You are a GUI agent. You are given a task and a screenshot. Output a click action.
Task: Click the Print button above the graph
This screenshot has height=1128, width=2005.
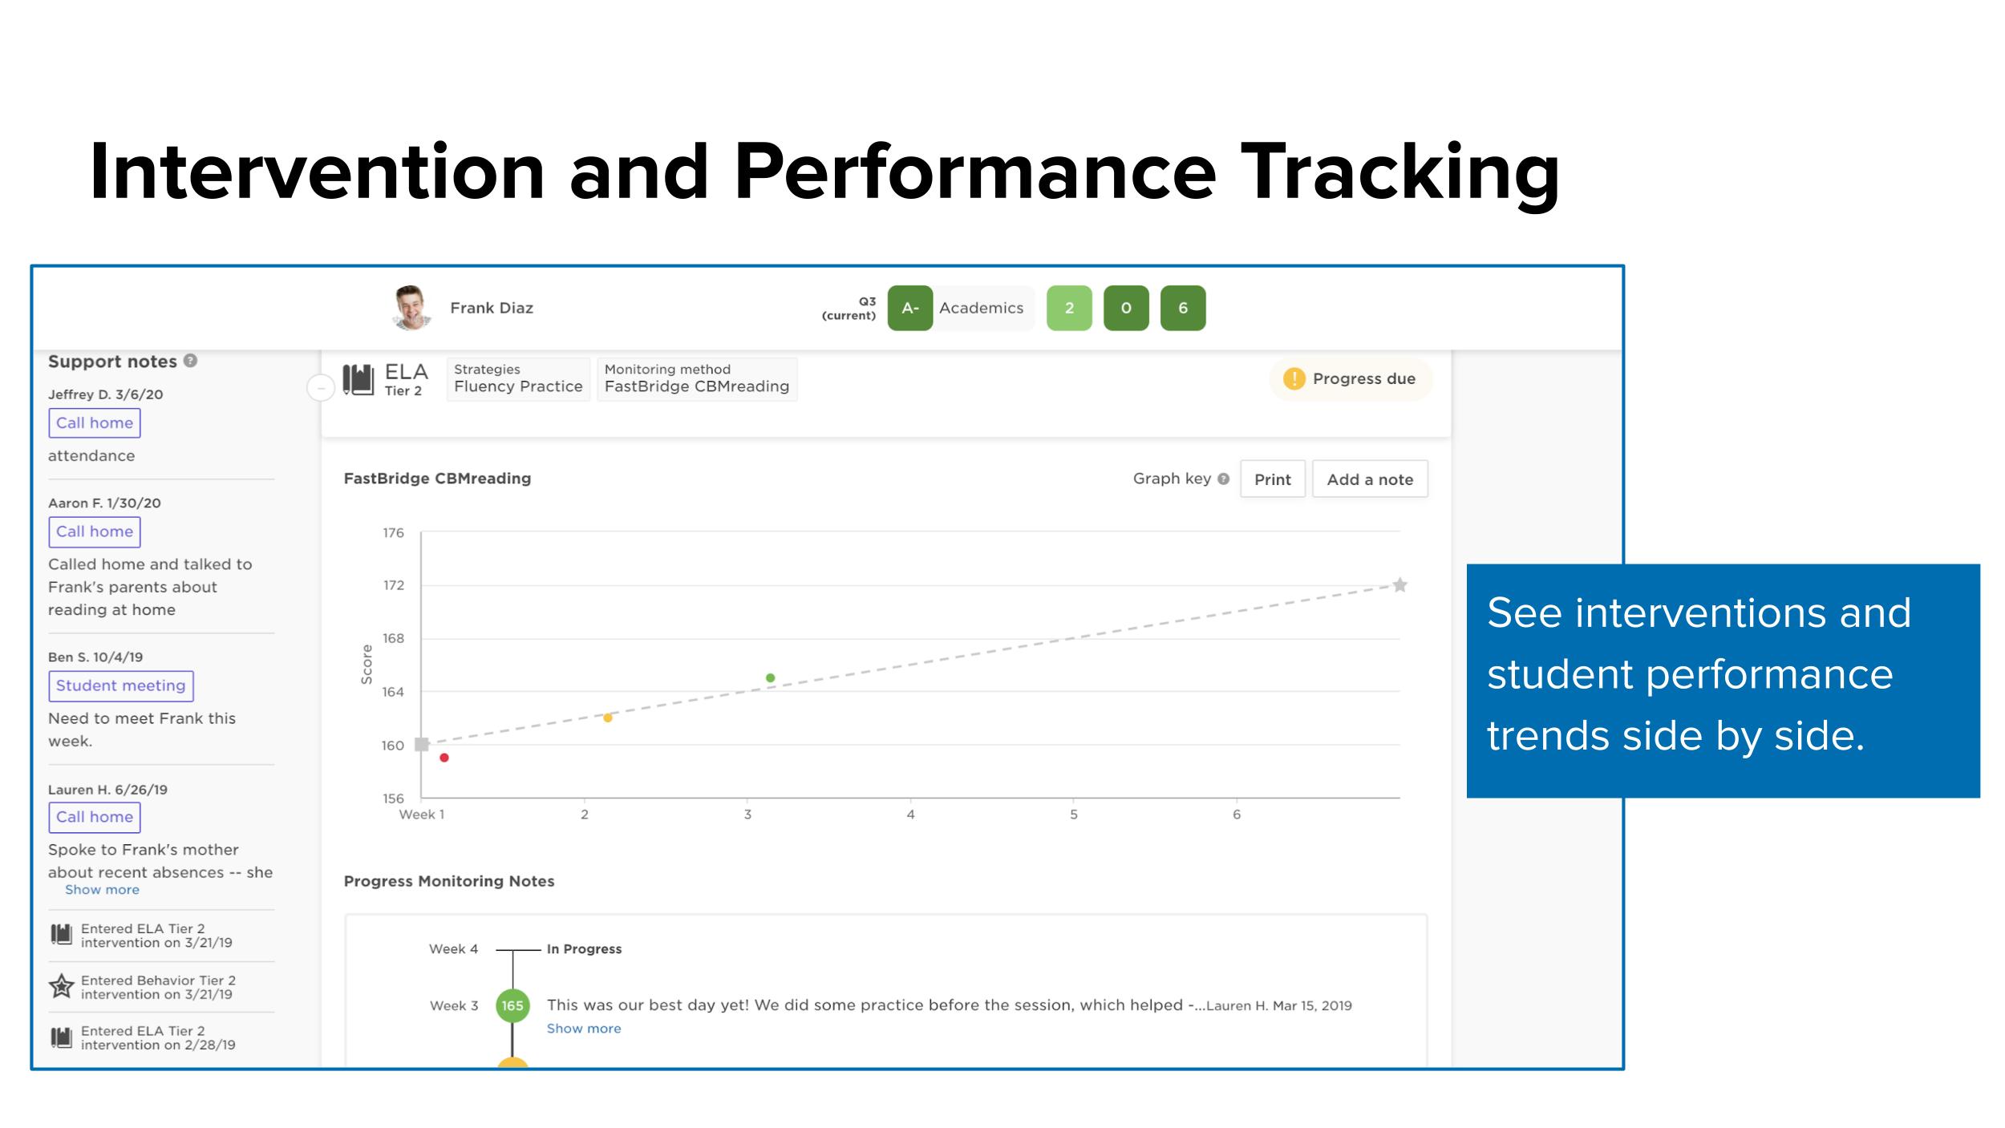point(1272,479)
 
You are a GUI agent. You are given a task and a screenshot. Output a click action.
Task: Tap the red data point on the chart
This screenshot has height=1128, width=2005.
point(444,758)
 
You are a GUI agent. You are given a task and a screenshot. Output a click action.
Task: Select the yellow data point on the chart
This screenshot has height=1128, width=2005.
point(608,718)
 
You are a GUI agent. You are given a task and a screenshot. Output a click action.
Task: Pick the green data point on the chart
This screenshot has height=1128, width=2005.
point(770,677)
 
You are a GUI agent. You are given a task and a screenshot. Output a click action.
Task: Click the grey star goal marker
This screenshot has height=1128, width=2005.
point(1399,584)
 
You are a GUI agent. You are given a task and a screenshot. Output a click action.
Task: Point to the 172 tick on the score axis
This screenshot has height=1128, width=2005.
point(393,585)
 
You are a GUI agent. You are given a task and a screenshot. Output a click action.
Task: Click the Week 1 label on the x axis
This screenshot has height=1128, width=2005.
point(422,814)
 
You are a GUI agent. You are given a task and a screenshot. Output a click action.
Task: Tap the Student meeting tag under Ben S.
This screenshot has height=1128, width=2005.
point(121,685)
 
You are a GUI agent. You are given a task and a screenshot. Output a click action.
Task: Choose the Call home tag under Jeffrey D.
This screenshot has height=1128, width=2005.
point(95,422)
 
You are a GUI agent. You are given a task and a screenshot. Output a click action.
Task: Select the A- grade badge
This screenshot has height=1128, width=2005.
point(909,308)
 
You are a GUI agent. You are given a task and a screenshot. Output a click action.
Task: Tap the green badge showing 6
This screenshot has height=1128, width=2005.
point(1183,308)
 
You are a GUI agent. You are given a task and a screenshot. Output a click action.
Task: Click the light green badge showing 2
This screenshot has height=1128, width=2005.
point(1069,308)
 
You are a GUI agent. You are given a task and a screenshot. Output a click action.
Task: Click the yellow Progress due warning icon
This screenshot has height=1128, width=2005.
point(1294,378)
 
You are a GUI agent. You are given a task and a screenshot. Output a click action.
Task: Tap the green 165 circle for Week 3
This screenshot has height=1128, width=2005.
point(512,1005)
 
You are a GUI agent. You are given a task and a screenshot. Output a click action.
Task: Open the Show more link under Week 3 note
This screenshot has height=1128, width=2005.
point(584,1029)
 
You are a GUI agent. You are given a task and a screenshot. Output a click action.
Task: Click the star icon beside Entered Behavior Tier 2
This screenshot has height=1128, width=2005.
point(61,986)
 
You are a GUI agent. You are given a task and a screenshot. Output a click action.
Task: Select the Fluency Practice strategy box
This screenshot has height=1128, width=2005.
point(518,378)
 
